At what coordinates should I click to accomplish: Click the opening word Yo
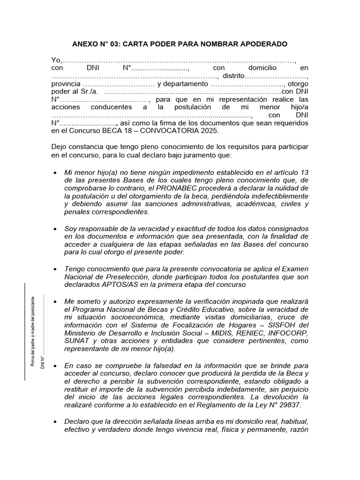[55, 60]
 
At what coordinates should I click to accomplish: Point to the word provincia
[66, 84]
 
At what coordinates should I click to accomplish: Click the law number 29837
[288, 405]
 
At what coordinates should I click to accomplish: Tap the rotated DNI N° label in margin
[42, 350]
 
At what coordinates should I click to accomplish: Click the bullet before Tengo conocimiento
[55, 269]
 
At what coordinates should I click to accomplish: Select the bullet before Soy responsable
[55, 229]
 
